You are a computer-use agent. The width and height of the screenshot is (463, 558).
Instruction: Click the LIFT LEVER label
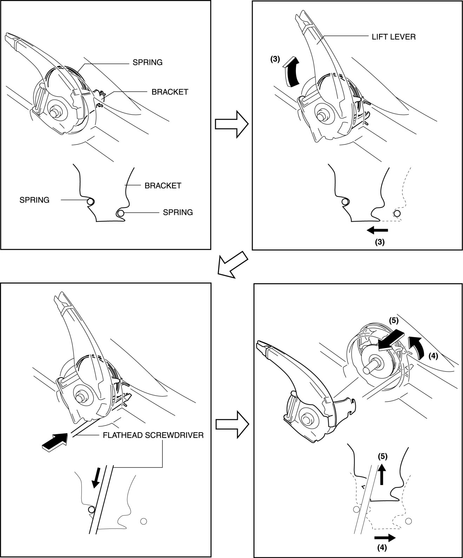(393, 37)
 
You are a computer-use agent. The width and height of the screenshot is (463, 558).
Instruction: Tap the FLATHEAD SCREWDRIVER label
(153, 435)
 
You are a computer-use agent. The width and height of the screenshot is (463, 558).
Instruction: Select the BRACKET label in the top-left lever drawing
(170, 92)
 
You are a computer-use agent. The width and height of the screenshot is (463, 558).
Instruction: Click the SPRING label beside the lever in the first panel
(147, 62)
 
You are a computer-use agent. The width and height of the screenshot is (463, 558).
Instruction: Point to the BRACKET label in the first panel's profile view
(163, 185)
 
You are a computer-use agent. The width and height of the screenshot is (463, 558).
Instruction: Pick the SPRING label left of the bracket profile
(34, 200)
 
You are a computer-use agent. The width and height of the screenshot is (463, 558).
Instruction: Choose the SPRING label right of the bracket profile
(178, 212)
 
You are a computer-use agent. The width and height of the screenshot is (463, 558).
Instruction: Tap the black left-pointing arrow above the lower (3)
(378, 230)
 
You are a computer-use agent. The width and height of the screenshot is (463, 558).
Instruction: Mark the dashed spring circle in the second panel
(397, 213)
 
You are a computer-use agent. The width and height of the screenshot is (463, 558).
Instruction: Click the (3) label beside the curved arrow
(275, 59)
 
